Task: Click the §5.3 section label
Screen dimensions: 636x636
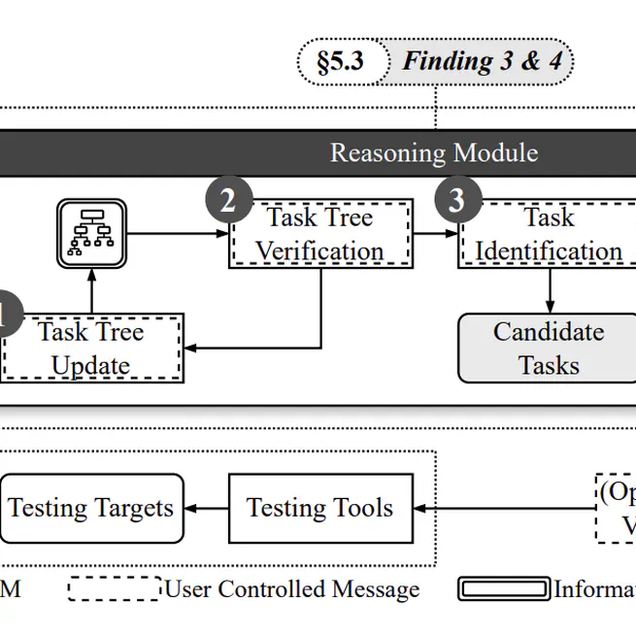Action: pyautogui.click(x=340, y=61)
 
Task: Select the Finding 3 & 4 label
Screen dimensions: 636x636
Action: pyautogui.click(x=483, y=61)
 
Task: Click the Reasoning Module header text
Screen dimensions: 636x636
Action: pyautogui.click(x=433, y=152)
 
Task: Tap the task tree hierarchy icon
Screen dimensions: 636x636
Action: pyautogui.click(x=91, y=233)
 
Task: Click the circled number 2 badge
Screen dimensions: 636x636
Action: pyautogui.click(x=228, y=201)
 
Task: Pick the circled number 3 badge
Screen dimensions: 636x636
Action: pyautogui.click(x=456, y=201)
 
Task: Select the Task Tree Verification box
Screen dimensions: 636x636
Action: pyautogui.click(x=320, y=234)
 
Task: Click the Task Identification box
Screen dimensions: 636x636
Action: pyautogui.click(x=549, y=234)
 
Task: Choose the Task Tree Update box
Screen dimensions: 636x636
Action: pyautogui.click(x=91, y=349)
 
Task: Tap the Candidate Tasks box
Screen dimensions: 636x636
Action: pyautogui.click(x=549, y=349)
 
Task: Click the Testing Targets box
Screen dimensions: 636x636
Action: pyautogui.click(x=91, y=508)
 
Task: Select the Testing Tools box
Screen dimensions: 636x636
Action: pyautogui.click(x=320, y=508)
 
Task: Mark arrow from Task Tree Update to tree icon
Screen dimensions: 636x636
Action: pyautogui.click(x=91, y=291)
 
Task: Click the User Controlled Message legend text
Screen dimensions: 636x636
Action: pyautogui.click(x=291, y=589)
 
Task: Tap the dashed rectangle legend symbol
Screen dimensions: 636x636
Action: pyautogui.click(x=114, y=589)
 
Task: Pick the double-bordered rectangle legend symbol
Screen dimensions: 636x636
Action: pyautogui.click(x=504, y=589)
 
